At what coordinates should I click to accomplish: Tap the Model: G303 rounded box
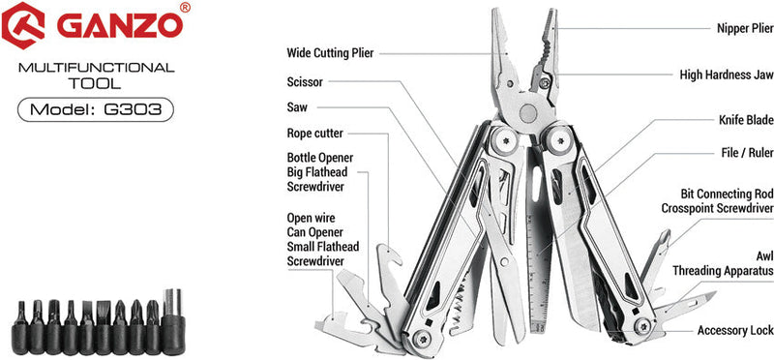[x=95, y=109]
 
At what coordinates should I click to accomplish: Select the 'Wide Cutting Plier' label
[x=330, y=52]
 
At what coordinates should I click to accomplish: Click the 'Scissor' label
[x=305, y=82]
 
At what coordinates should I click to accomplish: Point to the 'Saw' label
[x=297, y=107]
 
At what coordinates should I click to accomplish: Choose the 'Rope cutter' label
[x=314, y=133]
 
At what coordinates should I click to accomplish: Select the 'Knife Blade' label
[x=745, y=121]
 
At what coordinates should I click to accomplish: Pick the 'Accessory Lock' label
[x=735, y=330]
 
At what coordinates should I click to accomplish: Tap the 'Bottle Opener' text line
[x=320, y=157]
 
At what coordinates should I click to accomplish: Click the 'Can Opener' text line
[x=315, y=232]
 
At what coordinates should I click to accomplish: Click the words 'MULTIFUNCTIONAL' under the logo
[x=96, y=68]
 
